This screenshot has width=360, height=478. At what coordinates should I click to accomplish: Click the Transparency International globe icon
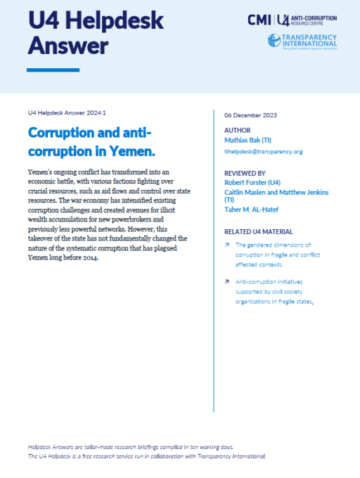tap(275, 41)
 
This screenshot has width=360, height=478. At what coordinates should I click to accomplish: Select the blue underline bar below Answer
tap(53, 70)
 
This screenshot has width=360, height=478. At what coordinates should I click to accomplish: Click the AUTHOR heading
tap(237, 130)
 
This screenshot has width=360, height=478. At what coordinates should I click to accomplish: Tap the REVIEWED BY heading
tap(245, 172)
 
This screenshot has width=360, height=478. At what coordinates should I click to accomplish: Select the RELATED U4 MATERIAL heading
tap(259, 231)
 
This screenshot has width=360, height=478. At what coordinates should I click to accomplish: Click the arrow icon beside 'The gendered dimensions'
tap(227, 245)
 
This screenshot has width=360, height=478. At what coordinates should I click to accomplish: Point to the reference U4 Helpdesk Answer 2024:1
tap(66, 114)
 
